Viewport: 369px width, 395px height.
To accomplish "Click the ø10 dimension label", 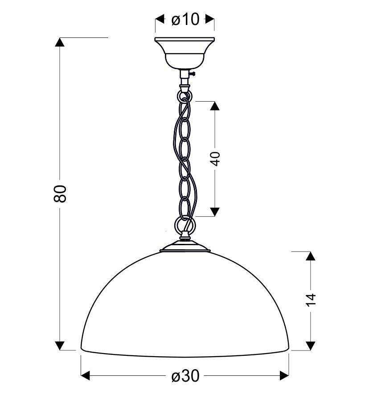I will (x=185, y=19).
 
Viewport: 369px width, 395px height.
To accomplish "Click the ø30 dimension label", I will (x=185, y=376).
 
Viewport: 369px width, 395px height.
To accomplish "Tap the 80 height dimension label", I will (x=60, y=193).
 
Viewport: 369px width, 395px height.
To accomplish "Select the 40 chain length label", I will (x=215, y=159).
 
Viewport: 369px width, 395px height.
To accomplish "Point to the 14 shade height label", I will (x=310, y=300).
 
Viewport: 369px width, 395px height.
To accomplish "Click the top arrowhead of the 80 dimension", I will (x=60, y=42).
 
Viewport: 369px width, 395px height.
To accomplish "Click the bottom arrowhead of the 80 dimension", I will (x=60, y=346).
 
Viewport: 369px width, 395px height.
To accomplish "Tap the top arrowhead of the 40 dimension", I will (x=215, y=106).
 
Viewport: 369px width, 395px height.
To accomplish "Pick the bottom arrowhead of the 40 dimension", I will (x=215, y=212).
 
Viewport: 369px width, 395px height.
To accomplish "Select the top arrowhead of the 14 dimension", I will (x=310, y=256).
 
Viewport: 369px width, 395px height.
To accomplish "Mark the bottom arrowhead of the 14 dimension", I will (x=310, y=346).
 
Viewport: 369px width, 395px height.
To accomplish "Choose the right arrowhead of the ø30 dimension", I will (x=284, y=376).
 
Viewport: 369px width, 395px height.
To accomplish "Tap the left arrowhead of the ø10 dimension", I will (x=160, y=19).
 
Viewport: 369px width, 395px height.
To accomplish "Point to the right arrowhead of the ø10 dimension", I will (x=209, y=19).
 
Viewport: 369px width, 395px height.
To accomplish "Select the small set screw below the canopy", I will (x=193, y=74).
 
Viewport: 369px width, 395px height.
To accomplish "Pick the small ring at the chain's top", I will (x=184, y=96).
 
